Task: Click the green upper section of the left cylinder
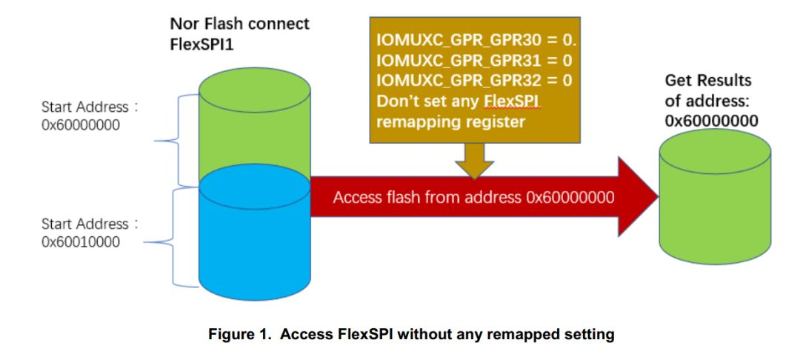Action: tap(254, 126)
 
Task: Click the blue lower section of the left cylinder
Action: tap(254, 237)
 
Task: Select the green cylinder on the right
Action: tap(715, 200)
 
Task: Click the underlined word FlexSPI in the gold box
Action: tap(512, 101)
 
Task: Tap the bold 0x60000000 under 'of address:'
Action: tap(711, 121)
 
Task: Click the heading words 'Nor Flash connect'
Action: tap(239, 24)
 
